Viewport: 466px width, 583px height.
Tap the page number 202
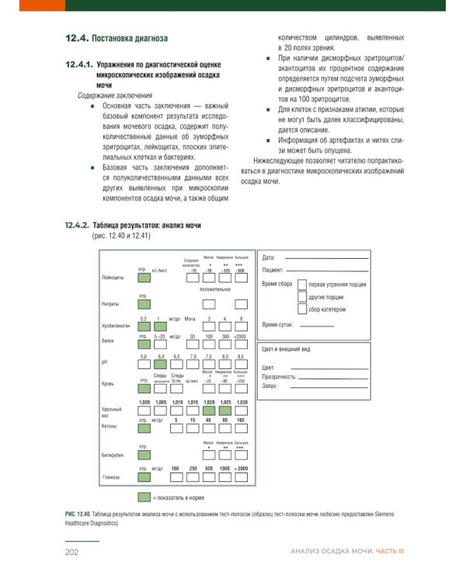[x=73, y=551]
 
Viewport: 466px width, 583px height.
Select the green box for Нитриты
[x=144, y=304]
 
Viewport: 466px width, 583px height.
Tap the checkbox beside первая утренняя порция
[x=302, y=285]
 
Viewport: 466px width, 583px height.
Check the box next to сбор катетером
[x=302, y=309]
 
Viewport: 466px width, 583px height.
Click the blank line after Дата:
[x=325, y=257]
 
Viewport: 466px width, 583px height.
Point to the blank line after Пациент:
[x=329, y=269]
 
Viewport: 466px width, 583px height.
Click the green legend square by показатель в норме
[x=144, y=496]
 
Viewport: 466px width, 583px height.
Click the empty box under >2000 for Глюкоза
[x=242, y=477]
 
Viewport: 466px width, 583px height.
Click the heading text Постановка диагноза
[x=129, y=38]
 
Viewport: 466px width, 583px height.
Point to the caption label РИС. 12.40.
[x=77, y=515]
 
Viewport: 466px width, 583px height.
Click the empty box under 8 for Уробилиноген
[x=242, y=326]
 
